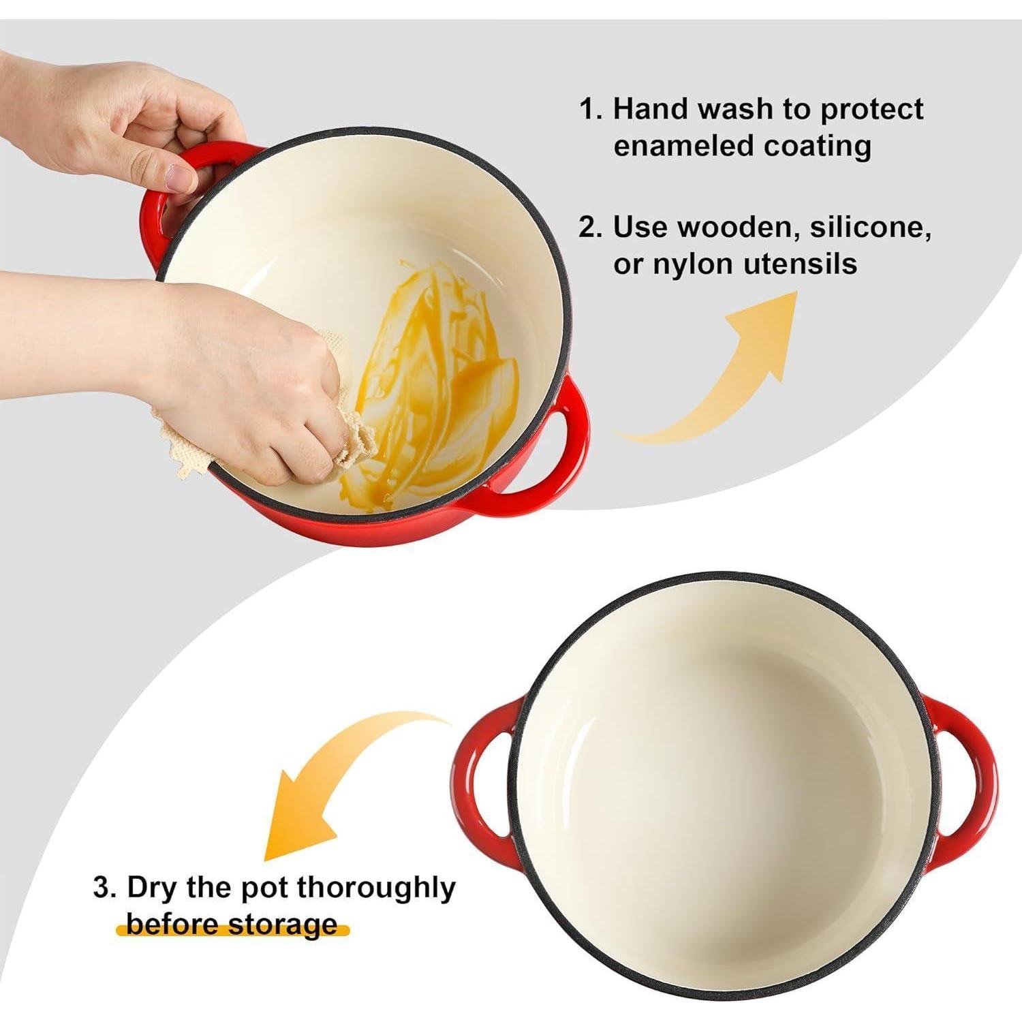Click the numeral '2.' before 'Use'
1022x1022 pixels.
pyautogui.click(x=591, y=228)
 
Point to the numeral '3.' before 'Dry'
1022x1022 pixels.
pyautogui.click(x=105, y=888)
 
